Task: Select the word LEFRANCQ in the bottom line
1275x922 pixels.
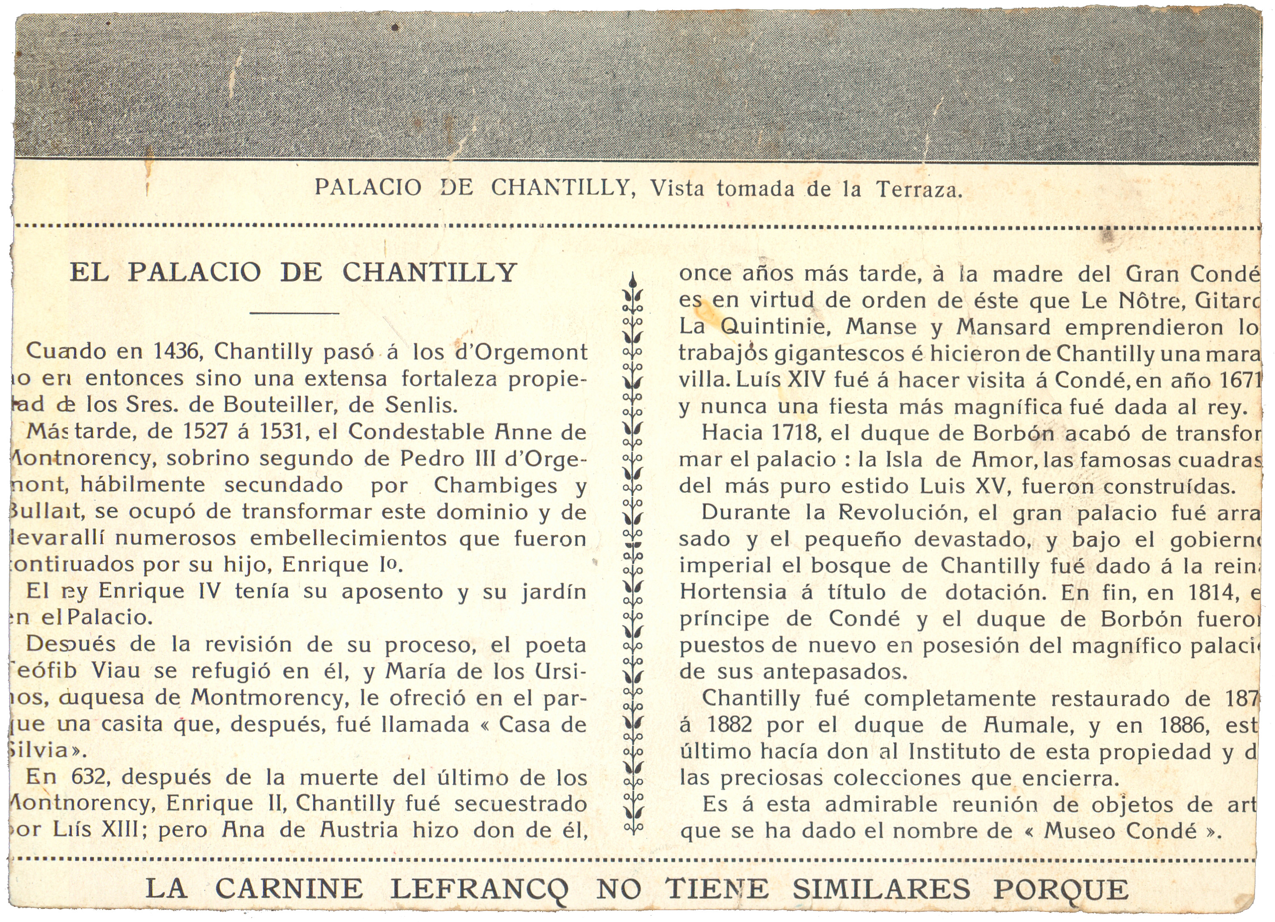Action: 479,889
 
